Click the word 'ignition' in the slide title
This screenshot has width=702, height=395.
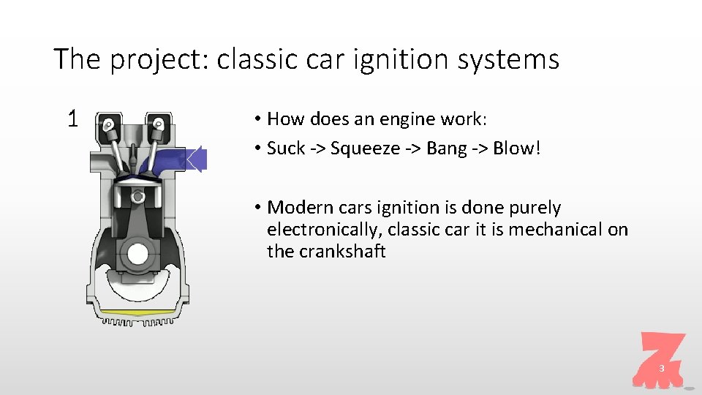click(393, 59)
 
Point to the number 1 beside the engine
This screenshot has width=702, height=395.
click(72, 118)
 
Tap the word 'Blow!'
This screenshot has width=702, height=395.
click(517, 148)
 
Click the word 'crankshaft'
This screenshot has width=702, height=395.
click(342, 252)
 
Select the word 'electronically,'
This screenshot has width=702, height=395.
click(324, 230)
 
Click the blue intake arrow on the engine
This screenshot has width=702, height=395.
click(196, 159)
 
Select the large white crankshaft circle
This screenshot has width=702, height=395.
click(137, 254)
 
